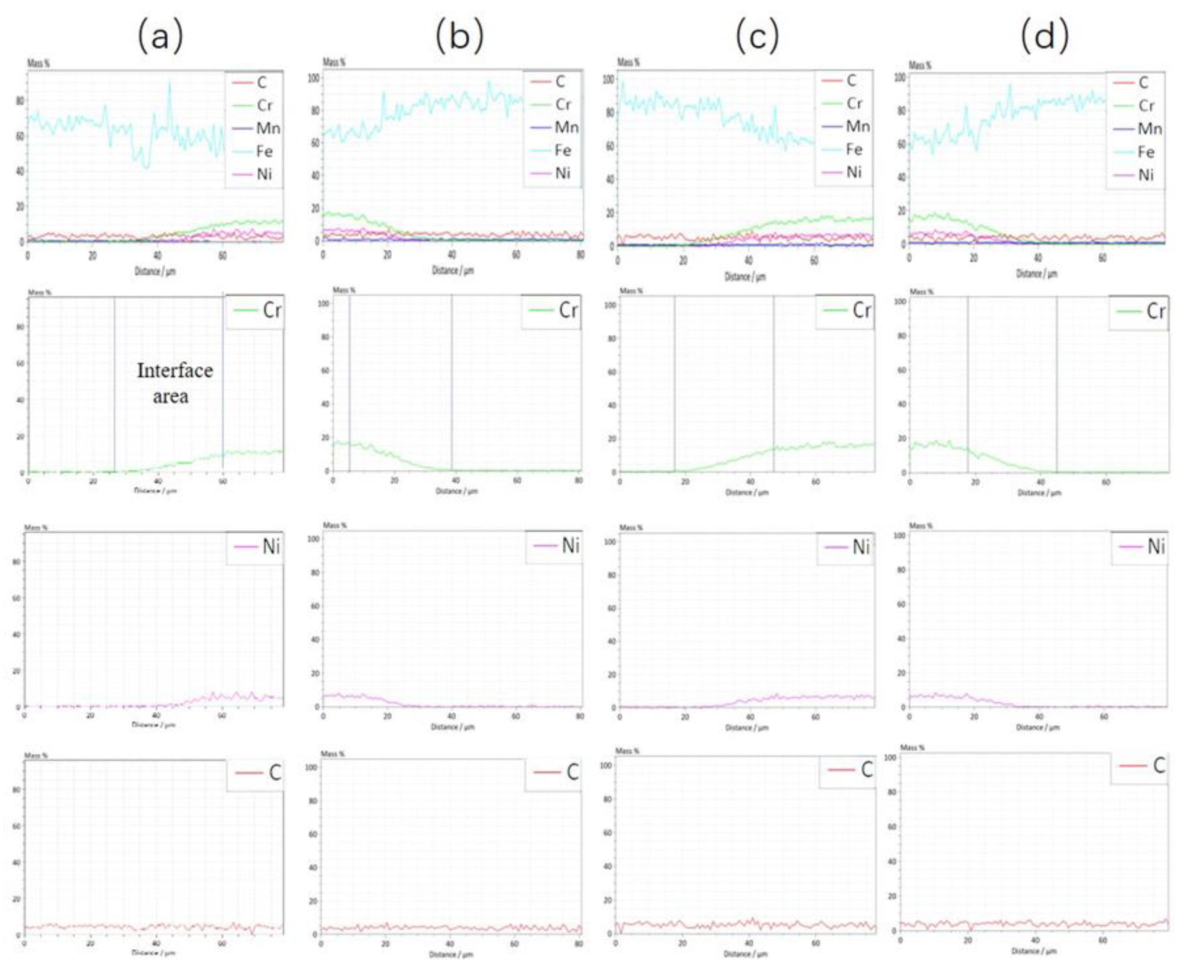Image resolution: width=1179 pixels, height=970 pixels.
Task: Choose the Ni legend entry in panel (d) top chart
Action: [1136, 175]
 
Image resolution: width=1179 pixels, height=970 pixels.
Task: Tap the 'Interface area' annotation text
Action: [175, 383]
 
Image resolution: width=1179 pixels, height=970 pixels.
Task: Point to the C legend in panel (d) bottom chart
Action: [1143, 766]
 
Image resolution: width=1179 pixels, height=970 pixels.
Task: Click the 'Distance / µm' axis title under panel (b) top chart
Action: [452, 270]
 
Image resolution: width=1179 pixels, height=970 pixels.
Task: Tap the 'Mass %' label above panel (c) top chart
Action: [628, 62]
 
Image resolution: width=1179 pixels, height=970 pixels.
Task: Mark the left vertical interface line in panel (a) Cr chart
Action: [115, 385]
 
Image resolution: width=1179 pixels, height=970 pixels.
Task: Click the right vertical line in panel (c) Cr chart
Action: [774, 385]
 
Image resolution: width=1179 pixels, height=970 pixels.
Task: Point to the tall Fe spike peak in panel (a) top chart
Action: [169, 83]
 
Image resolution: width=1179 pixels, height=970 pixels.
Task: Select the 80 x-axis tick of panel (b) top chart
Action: [581, 255]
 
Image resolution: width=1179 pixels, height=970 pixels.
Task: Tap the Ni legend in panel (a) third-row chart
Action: [257, 546]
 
